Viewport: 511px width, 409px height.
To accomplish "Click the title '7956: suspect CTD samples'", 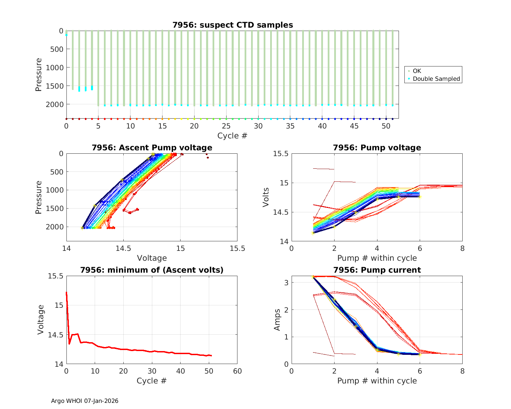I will (232, 25).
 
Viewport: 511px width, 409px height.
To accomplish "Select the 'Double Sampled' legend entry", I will (436, 79).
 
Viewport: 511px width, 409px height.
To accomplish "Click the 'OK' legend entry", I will (417, 71).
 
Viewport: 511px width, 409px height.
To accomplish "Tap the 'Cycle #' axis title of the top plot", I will (232, 136).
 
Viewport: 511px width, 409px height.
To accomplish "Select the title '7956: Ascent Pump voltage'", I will (152, 148).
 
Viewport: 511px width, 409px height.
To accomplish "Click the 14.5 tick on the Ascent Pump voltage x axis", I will (123, 249).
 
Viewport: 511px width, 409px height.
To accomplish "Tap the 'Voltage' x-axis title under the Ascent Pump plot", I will (152, 258).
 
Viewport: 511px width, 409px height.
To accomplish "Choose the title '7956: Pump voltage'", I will (377, 148).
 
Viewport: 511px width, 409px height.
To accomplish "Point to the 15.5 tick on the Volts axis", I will (280, 154).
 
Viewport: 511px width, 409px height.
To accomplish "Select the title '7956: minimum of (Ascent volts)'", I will (152, 270).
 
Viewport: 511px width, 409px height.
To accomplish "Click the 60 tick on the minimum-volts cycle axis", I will (237, 371).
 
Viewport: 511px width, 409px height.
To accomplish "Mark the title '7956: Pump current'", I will (377, 270).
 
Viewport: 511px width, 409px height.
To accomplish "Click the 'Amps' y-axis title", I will (277, 319).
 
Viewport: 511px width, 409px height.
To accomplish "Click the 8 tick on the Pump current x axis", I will (462, 371).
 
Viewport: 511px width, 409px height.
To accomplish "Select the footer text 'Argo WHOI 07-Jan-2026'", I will (85, 401).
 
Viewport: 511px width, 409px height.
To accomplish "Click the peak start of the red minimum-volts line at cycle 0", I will (66, 292).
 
